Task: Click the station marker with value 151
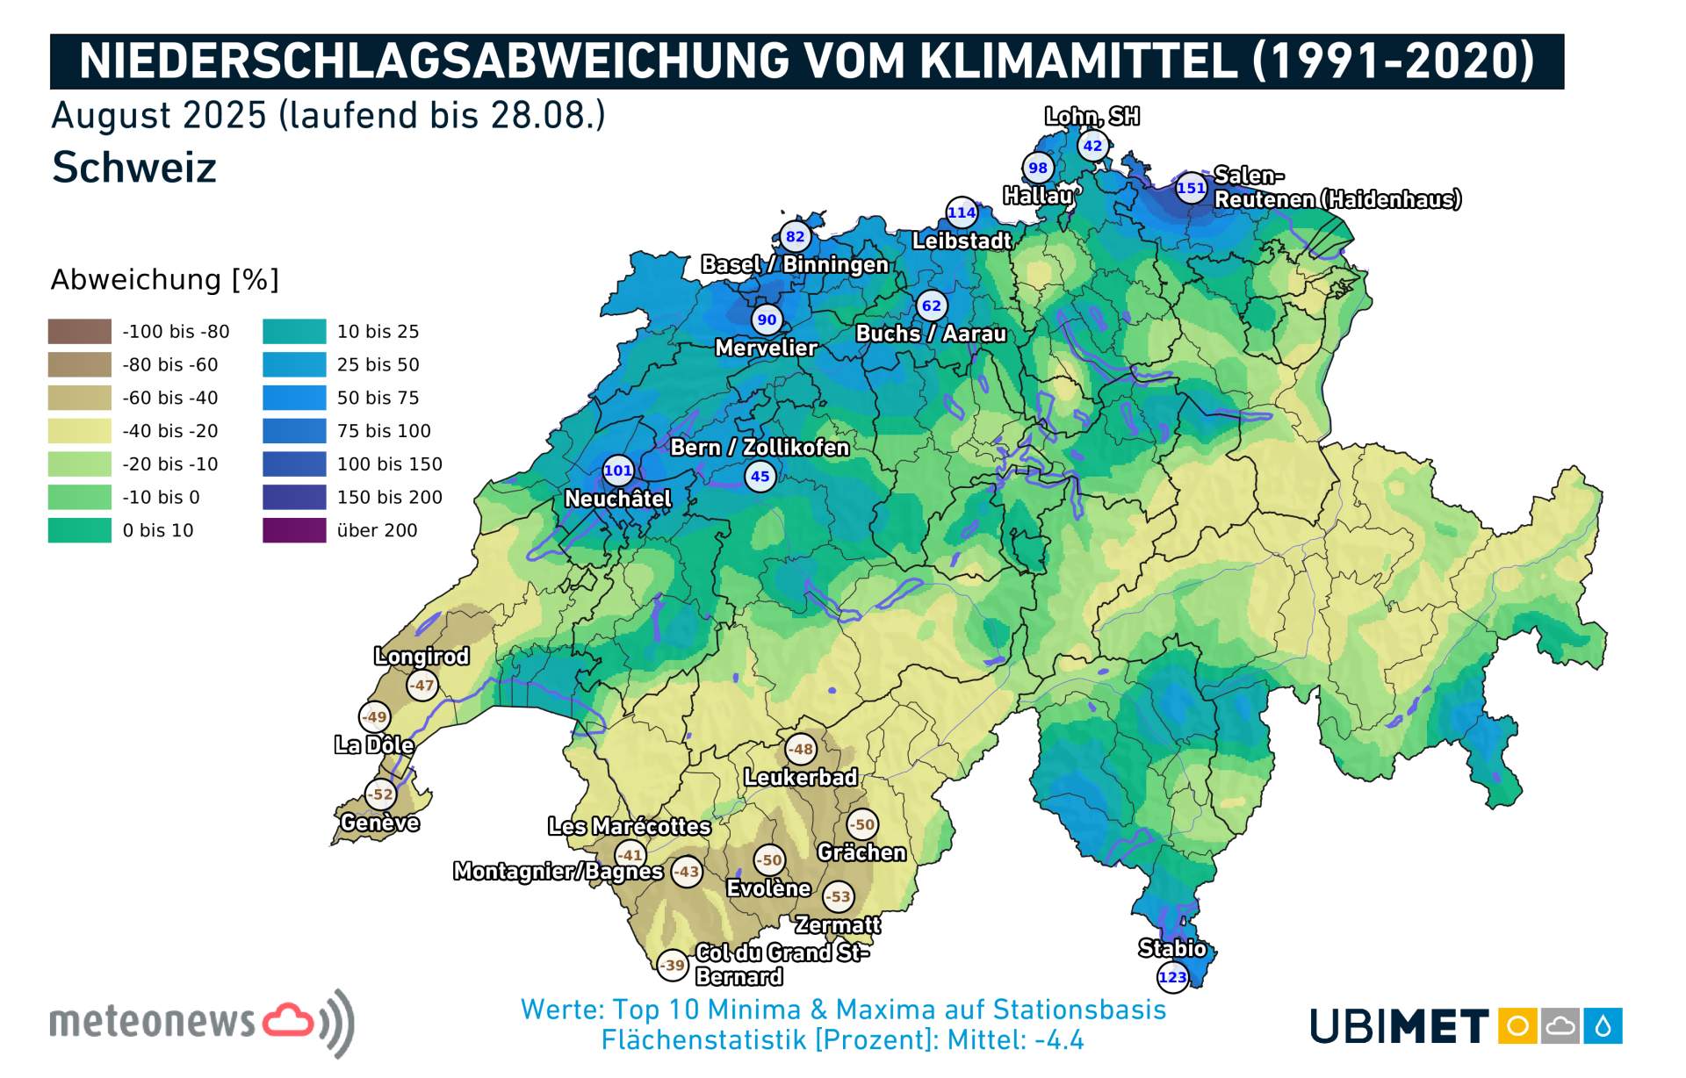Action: coord(1191,188)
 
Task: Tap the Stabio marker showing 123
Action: coord(1172,977)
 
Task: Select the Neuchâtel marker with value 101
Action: coord(617,471)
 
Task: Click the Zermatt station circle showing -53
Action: coord(839,896)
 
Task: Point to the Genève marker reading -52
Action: coord(380,794)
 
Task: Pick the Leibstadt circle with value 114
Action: coord(962,212)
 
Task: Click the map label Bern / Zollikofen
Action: coord(760,448)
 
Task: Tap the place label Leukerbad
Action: coord(800,778)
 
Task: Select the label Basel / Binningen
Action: coord(795,264)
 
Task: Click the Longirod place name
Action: coord(421,656)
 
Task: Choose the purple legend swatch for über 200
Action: coord(294,530)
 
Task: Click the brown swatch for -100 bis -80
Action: coord(80,331)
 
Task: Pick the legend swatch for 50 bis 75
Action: coord(294,398)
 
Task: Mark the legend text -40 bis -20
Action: coord(170,431)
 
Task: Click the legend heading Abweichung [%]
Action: coord(164,280)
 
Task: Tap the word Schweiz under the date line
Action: coord(134,168)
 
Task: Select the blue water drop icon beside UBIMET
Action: coord(1603,1025)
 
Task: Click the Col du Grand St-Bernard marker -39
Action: coord(673,965)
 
